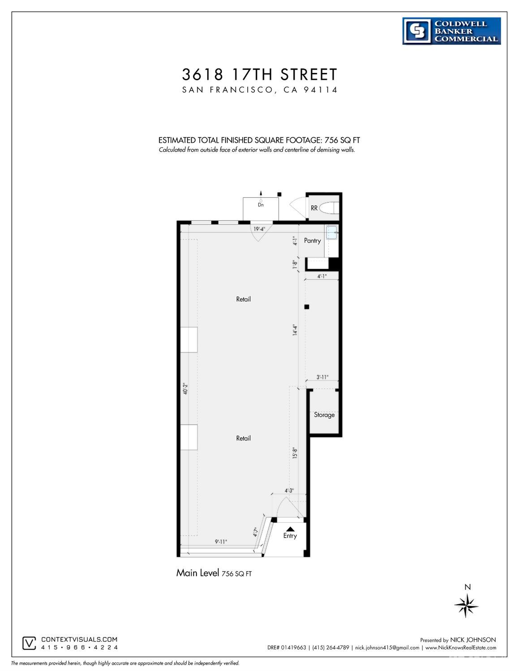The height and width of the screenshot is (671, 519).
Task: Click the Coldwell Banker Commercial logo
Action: point(451,31)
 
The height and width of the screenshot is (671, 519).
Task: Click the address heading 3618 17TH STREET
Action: point(260,74)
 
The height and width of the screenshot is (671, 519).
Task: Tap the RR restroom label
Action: point(314,208)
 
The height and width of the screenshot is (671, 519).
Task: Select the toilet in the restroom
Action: point(332,208)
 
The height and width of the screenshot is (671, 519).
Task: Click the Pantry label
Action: point(312,240)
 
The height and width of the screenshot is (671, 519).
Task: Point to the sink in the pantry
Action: point(331,232)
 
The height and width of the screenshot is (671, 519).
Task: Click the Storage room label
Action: point(324,415)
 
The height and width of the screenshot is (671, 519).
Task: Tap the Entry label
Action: point(290,535)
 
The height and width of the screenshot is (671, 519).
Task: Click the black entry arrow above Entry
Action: point(290,529)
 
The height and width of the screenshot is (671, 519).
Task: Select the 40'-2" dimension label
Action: point(185,388)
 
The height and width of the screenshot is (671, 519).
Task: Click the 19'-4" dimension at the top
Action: point(260,229)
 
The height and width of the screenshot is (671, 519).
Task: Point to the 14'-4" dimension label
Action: point(295,330)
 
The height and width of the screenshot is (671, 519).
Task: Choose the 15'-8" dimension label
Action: point(295,453)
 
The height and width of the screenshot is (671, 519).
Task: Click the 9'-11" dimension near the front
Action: point(221,542)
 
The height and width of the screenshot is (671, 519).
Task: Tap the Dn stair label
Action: point(261,205)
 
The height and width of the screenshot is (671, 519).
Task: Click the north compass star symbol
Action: point(467,605)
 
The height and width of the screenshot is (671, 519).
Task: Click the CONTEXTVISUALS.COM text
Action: point(79,640)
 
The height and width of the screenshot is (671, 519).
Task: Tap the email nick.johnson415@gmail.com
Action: point(387,647)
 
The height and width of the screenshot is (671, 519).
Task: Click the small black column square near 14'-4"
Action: point(307,307)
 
